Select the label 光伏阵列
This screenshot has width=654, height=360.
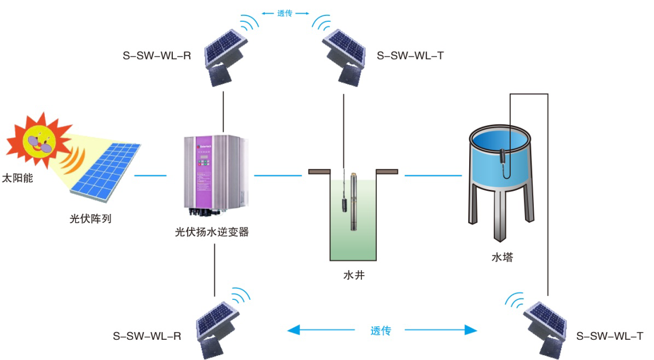coord(90,218)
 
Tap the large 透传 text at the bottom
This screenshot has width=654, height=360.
coord(381,330)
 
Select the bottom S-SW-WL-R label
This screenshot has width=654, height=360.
coord(147,336)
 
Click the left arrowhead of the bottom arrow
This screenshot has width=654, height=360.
coord(294,329)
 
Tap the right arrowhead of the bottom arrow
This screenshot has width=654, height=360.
coord(471,329)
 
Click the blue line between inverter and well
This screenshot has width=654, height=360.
coord(278,175)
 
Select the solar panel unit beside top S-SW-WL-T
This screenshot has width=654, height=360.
coord(344,55)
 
